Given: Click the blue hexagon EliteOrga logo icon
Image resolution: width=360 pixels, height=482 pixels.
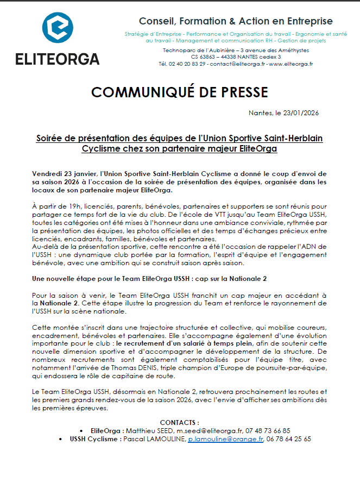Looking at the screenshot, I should pos(58,30).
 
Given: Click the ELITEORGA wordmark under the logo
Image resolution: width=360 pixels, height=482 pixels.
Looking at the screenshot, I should pos(58,59).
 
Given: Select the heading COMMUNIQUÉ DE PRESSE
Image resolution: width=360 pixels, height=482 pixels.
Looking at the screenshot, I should pos(179,92).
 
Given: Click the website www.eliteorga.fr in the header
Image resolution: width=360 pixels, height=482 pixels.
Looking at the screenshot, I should pos(291,64).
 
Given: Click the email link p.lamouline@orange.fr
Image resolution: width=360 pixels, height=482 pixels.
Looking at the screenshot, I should pos(225,439).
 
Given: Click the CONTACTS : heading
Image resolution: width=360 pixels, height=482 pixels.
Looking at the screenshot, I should pos(179,422).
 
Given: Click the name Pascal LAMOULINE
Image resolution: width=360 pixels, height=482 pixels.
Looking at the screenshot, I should pos(154,439).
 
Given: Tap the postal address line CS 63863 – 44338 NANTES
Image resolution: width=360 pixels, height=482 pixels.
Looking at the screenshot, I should pos(236,57).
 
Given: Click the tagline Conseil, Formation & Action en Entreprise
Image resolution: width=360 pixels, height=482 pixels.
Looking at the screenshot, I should pos(236,21).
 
